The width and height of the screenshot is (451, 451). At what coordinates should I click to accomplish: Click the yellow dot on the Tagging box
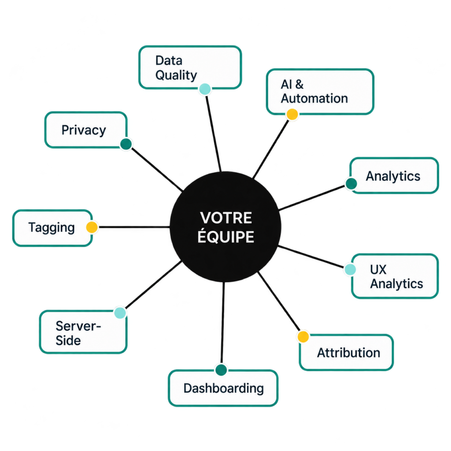coord(92,227)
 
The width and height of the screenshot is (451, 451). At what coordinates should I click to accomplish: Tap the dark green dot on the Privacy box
coord(126,144)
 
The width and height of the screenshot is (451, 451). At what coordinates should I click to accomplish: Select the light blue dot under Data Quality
coord(205,89)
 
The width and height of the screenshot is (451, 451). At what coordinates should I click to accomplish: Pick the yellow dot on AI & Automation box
coord(292,115)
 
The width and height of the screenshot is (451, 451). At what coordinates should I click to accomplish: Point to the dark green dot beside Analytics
coord(351,184)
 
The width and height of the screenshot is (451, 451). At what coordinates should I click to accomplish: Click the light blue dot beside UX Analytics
coord(350,270)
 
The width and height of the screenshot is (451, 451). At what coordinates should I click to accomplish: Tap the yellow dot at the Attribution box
coord(303,337)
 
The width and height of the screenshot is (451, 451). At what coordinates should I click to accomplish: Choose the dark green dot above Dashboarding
coord(221,370)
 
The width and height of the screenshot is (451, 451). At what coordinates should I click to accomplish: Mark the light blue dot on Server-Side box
coord(120,313)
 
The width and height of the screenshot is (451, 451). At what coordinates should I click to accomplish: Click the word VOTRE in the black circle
coord(226,218)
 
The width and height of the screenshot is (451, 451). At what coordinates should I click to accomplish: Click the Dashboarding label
coord(223,388)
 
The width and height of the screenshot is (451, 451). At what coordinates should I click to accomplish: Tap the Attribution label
coord(349,353)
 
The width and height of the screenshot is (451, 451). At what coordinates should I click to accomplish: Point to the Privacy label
coord(84,130)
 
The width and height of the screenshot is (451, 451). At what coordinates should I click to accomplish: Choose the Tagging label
coord(52,228)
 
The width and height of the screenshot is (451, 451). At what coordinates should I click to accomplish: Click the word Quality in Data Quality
coord(176,75)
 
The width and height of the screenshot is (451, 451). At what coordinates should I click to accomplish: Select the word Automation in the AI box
coord(314,98)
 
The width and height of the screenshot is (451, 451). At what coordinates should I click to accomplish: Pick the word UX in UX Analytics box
coord(378,270)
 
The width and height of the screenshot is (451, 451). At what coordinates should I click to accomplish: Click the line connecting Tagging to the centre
coord(134,227)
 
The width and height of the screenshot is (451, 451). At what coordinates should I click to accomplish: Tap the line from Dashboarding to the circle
coord(222,323)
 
